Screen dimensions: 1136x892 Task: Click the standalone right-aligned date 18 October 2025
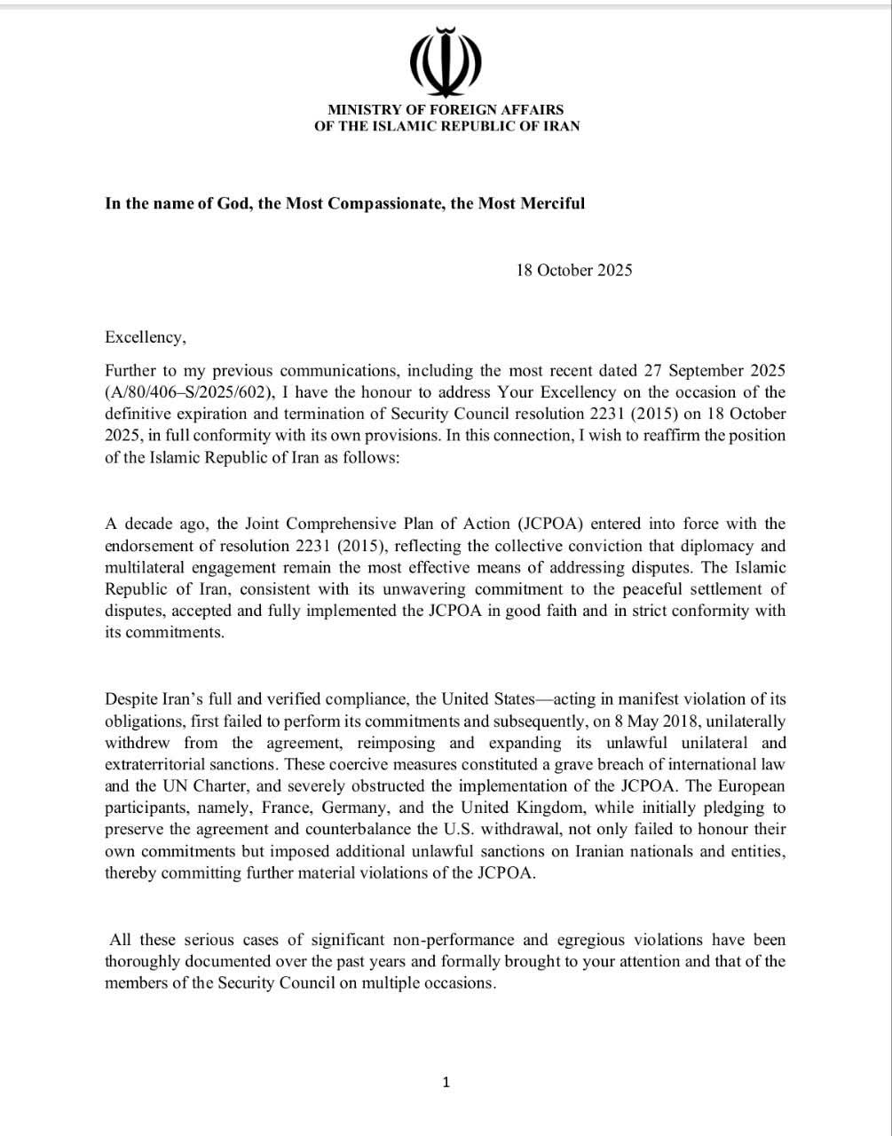[x=574, y=271]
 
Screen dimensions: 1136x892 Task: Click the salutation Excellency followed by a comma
[x=146, y=337]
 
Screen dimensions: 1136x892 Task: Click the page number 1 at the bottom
[x=446, y=1082]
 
